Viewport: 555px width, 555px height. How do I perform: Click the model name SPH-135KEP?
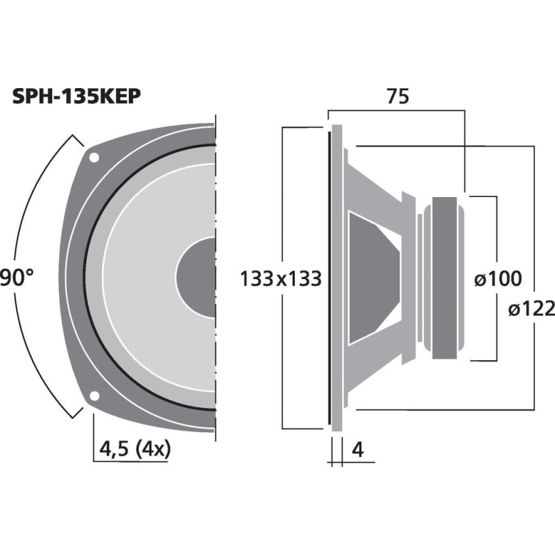(x=77, y=96)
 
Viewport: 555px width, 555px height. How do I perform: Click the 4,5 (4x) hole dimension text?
(x=135, y=450)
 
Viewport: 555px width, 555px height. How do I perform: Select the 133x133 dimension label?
(x=281, y=280)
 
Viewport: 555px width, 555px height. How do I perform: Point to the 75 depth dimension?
(x=396, y=97)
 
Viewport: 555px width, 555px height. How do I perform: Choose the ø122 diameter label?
(x=531, y=310)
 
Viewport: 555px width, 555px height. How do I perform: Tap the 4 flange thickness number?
(x=358, y=450)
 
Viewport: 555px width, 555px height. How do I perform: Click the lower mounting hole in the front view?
(x=94, y=398)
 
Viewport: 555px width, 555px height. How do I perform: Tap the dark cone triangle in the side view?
(x=371, y=277)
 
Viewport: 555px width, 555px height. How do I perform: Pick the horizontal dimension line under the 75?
(x=396, y=110)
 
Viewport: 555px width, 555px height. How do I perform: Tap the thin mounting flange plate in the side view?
(x=336, y=277)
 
